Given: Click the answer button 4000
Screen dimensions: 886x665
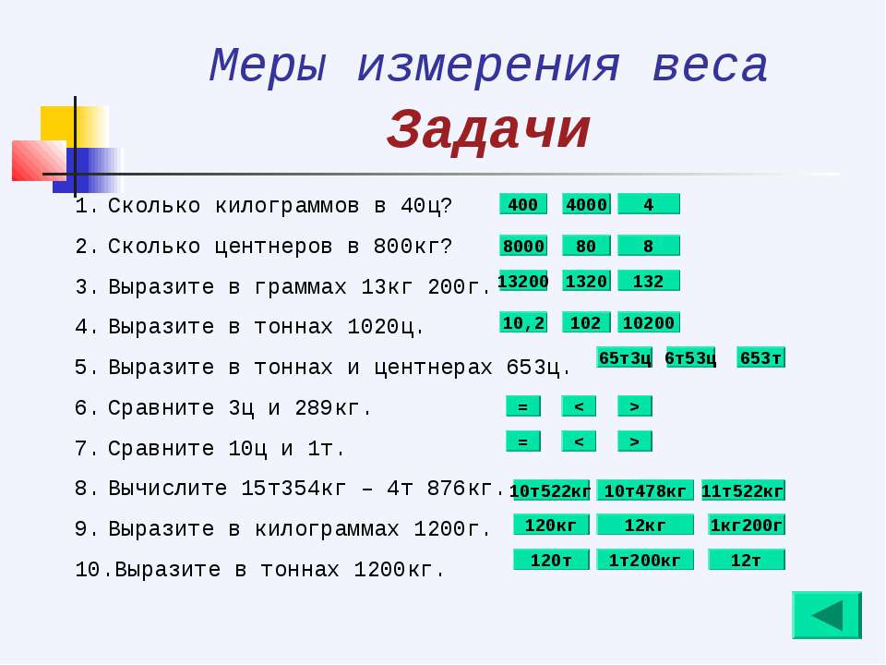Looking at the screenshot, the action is (587, 204).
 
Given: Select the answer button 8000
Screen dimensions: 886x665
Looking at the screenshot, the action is (523, 246).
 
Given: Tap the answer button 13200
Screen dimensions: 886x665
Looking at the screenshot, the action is (523, 281).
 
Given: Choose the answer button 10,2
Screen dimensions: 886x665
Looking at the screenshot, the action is (523, 323).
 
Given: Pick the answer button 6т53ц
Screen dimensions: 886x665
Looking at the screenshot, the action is (691, 358).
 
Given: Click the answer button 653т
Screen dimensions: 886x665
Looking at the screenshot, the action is (761, 358).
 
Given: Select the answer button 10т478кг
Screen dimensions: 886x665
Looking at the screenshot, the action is (645, 490).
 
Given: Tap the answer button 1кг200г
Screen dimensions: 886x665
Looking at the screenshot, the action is (747, 526).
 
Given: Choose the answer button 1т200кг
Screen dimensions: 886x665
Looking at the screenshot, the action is (645, 560).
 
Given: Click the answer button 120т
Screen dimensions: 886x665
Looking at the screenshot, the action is (552, 560).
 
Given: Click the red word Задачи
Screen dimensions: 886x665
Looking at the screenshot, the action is (489, 130).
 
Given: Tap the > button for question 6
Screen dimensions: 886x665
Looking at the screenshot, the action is (635, 406).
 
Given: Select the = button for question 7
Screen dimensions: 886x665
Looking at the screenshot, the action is (523, 441).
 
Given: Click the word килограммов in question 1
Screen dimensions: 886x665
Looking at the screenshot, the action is (287, 206).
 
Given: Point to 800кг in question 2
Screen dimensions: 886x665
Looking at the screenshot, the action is (413, 247).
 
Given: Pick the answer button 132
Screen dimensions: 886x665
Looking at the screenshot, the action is (649, 281).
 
